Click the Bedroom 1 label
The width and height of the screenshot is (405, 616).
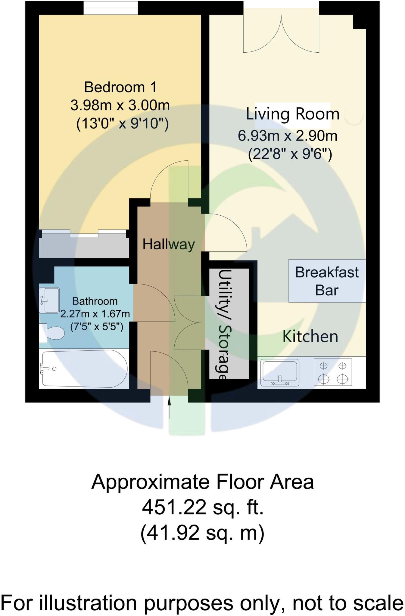pos(120,87)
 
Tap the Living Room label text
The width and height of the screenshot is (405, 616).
pos(292,114)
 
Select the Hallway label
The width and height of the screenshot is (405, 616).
pos(169,244)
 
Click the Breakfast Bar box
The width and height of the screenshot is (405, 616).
pos(327,281)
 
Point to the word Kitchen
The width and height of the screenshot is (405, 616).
pos(310,336)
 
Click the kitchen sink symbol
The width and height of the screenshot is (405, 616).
pos(281,373)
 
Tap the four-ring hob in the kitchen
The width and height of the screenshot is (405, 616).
pos(333,372)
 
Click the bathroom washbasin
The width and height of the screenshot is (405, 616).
pos(49,300)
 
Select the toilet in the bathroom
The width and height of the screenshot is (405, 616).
pos(54,333)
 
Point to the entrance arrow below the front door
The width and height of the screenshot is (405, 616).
pos(169,408)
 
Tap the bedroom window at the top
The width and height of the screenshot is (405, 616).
pos(111,8)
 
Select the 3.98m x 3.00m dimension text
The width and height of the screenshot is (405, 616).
pos(120,106)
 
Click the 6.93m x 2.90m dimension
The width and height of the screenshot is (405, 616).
pos(288,136)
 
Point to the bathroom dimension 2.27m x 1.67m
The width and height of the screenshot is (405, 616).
pos(95,314)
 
